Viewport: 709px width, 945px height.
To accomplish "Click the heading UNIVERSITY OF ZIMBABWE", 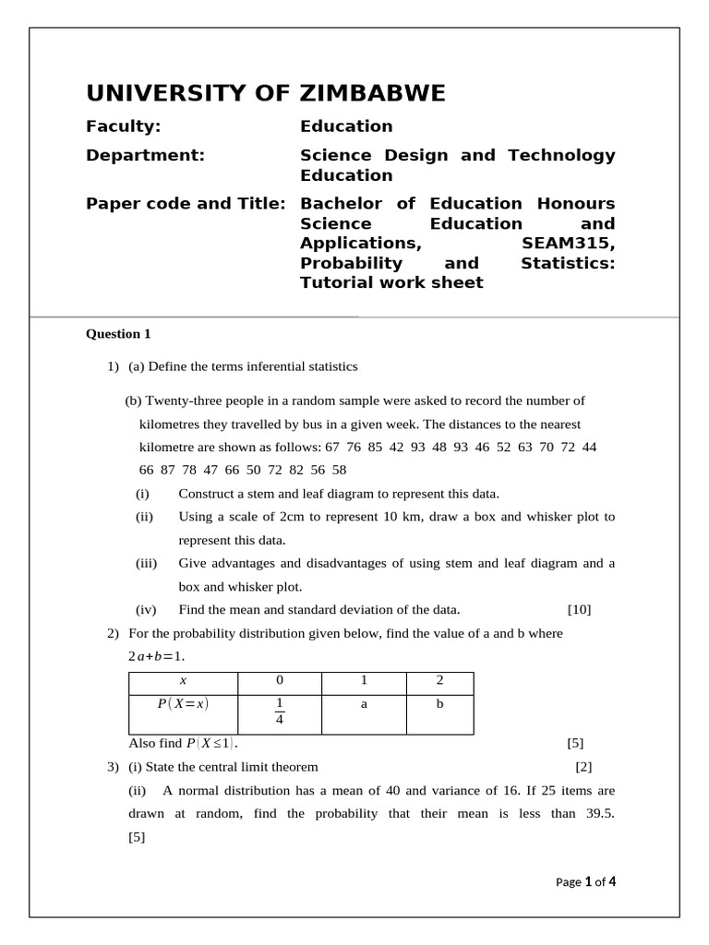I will pos(266,93).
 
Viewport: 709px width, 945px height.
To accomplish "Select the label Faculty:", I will pos(123,126).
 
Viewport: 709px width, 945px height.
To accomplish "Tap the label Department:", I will pos(146,155).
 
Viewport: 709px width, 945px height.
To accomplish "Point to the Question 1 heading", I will pos(118,334).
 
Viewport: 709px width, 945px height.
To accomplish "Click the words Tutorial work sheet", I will pos(391,282).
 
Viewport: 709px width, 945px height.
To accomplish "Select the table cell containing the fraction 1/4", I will pos(280,714).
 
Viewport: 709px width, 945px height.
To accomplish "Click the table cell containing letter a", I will pos(364,704).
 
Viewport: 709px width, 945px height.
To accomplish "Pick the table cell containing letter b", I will pos(439,704).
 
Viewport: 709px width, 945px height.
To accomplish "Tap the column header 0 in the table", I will pos(280,681).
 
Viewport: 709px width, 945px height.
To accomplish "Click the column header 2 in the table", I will pos(439,681).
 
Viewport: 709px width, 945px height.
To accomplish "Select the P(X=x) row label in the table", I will pos(183,704).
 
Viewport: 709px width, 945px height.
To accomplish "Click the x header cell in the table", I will pos(183,681).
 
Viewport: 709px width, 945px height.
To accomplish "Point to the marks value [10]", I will pos(579,609).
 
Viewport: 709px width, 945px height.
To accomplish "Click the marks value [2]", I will pos(583,767).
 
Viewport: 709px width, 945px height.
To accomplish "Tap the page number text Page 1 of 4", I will pos(585,881).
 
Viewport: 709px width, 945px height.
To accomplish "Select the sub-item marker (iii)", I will pos(147,563).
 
